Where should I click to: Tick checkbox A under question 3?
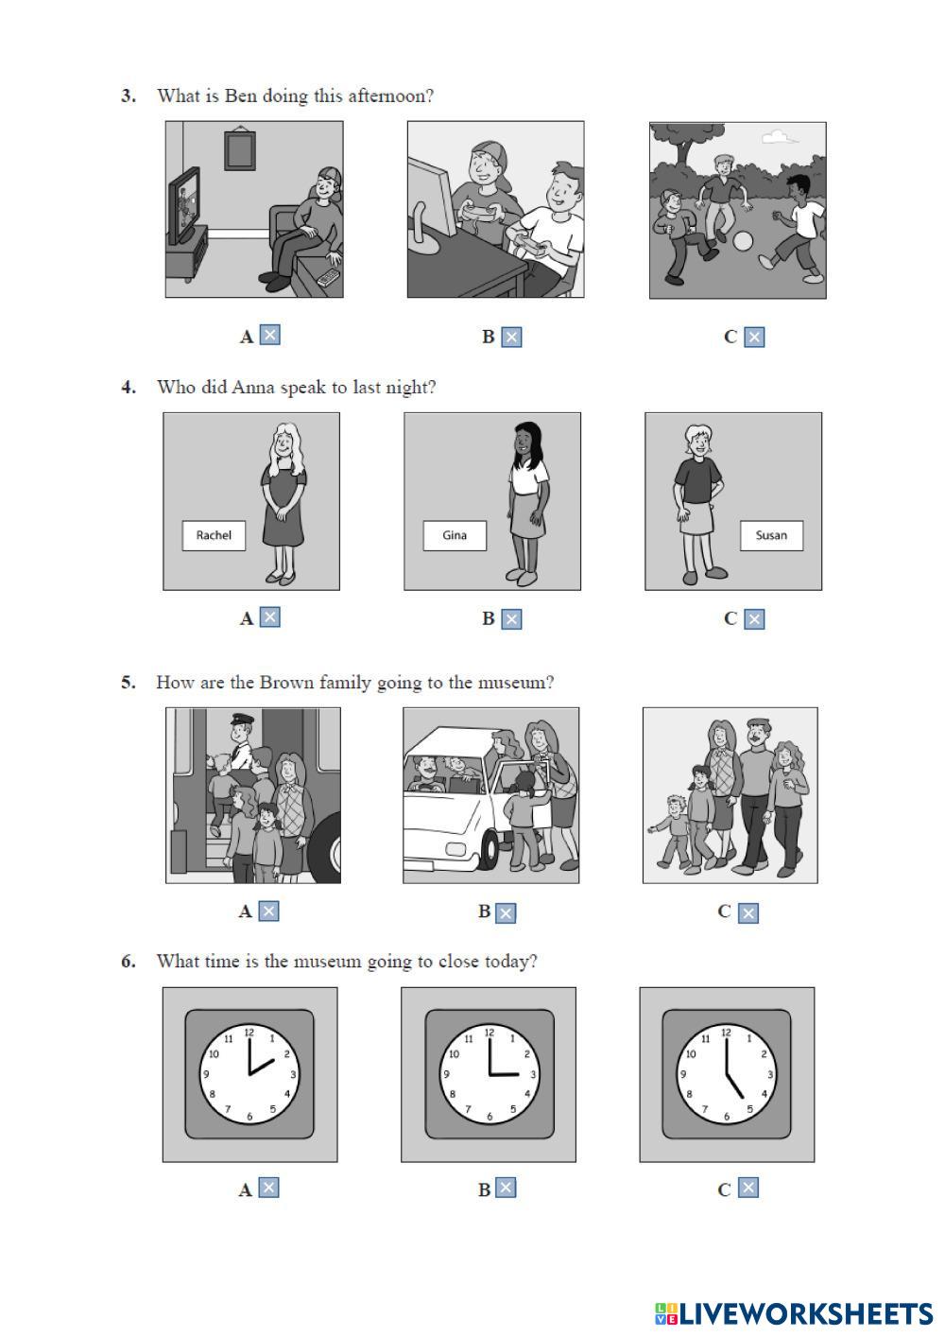(x=269, y=335)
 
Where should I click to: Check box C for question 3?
(x=754, y=338)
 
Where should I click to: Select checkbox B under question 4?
(x=511, y=619)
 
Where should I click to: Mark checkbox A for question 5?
(x=268, y=912)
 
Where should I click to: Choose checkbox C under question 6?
(x=748, y=1188)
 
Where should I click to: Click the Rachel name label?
(x=214, y=535)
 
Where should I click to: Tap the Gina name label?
(x=455, y=535)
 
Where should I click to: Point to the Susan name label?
(x=771, y=535)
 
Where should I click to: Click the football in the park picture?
(x=743, y=241)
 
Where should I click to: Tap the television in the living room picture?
(x=184, y=205)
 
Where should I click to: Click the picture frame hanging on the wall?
(x=240, y=149)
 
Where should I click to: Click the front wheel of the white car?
(x=489, y=849)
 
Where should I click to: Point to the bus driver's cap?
(x=242, y=720)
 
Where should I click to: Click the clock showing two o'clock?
(x=249, y=1074)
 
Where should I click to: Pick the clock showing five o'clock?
(x=726, y=1074)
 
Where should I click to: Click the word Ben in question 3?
(x=240, y=95)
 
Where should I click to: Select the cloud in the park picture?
(x=779, y=138)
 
